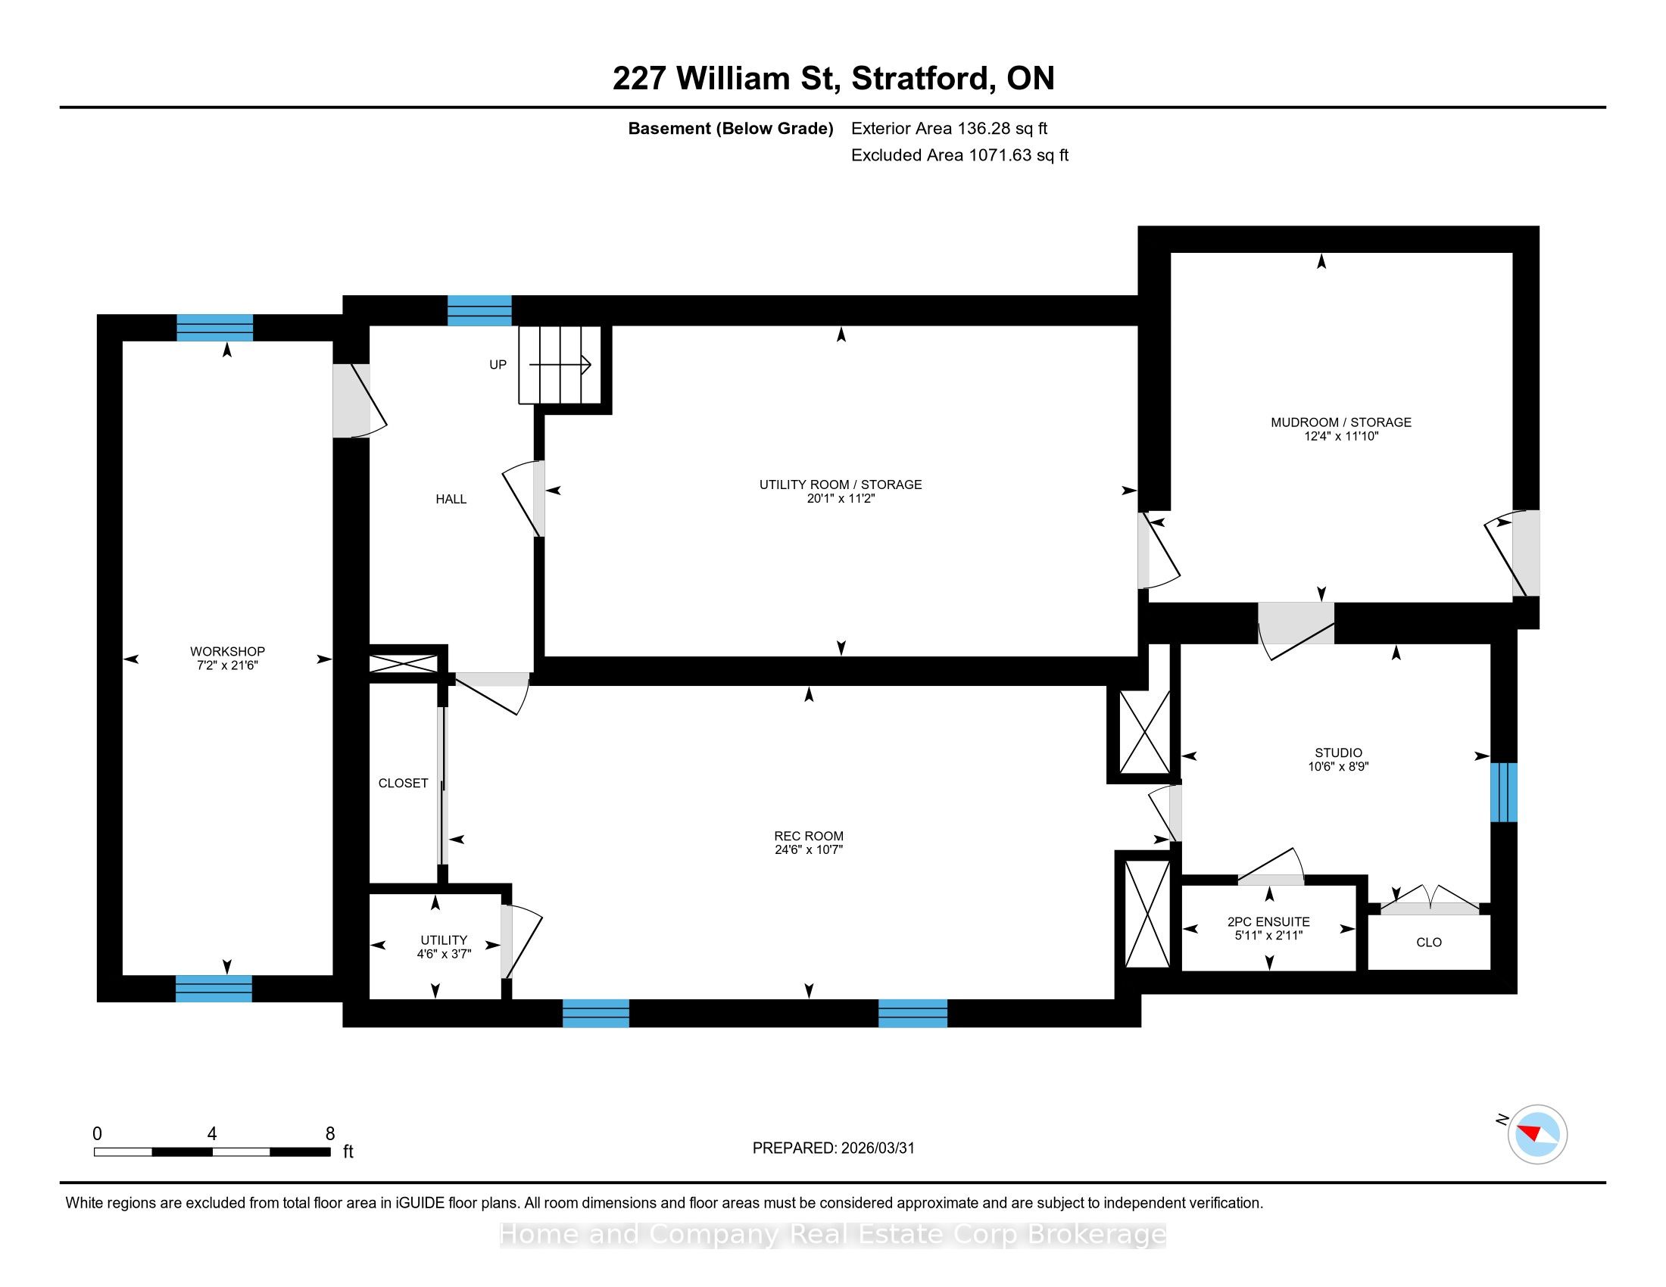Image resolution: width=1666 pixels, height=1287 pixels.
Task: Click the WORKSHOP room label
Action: click(227, 651)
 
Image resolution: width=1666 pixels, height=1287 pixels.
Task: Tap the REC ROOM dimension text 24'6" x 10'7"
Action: click(809, 849)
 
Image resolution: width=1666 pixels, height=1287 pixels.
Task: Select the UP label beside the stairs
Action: click(498, 364)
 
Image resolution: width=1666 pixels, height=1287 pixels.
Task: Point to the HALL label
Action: click(451, 499)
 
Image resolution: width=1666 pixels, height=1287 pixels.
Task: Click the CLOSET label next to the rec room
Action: click(404, 783)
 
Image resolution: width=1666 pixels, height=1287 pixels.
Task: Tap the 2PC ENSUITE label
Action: click(1268, 922)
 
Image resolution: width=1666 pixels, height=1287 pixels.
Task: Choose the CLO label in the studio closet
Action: click(1429, 943)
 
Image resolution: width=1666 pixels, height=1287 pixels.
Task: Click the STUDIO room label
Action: click(1339, 753)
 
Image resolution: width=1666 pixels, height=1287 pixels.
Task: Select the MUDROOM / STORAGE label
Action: click(1341, 422)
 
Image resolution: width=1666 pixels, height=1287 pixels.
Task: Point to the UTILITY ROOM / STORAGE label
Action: click(841, 485)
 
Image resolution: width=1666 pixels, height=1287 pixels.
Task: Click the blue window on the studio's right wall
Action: click(1503, 792)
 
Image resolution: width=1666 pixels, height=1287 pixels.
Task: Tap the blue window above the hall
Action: click(479, 310)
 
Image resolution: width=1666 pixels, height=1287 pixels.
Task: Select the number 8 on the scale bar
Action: click(330, 1134)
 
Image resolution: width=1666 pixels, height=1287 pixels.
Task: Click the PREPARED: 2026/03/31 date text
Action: click(833, 1148)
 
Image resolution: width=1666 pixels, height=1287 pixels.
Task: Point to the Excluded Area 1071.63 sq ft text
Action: click(959, 155)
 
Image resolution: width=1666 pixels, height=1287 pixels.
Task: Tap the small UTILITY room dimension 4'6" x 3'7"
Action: click(444, 954)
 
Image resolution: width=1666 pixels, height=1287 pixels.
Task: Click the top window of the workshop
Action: click(214, 327)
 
